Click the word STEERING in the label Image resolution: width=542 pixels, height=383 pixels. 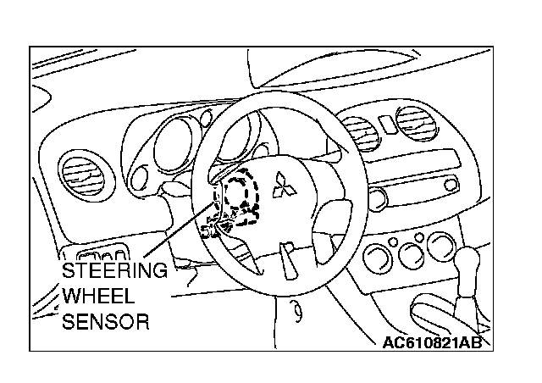pyautogui.click(x=115, y=272)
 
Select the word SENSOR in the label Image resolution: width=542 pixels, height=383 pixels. pyautogui.click(x=107, y=322)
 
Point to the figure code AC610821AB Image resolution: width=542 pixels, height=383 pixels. pyautogui.click(x=432, y=341)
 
